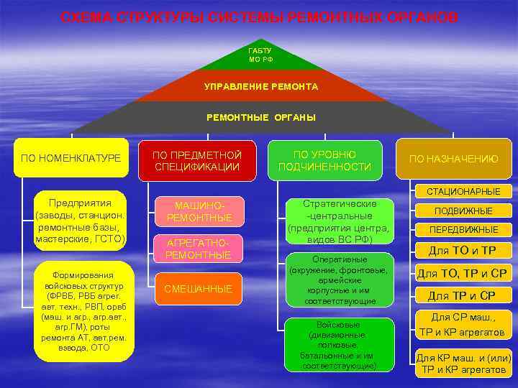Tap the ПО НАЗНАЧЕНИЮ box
(x=453, y=159)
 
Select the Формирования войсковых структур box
(x=84, y=311)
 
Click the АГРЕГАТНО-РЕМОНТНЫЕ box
(x=198, y=249)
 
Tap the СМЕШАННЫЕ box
(x=198, y=289)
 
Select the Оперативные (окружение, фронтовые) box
(x=339, y=280)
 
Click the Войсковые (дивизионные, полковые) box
(x=339, y=345)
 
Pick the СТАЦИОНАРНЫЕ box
(x=463, y=192)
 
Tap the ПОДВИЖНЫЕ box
(x=463, y=211)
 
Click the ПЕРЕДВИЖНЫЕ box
(x=463, y=230)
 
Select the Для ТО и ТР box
(x=463, y=250)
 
